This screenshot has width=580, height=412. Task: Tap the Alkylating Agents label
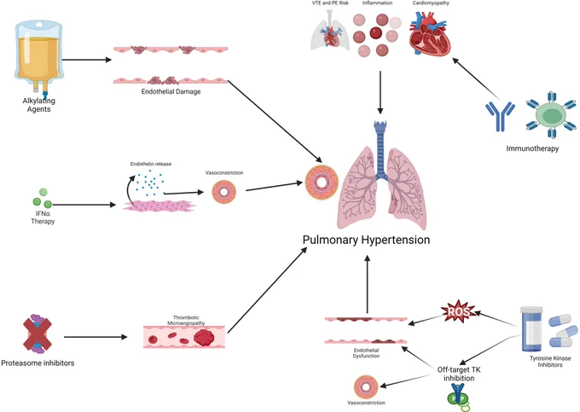point(39,105)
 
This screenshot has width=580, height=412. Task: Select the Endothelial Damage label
point(171,91)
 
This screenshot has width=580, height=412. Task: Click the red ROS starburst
point(457,312)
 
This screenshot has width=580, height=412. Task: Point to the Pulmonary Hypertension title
point(366,240)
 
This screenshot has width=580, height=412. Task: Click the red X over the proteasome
point(38,334)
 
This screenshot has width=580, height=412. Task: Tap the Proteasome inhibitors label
point(38,363)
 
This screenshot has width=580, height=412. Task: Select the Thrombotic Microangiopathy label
point(186,320)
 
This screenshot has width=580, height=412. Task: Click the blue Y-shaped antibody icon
point(500,116)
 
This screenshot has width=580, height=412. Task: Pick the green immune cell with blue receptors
point(551,115)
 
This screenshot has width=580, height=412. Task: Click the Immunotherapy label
point(532,148)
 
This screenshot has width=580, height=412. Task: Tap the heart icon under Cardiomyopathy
point(430,33)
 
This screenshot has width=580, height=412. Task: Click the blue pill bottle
point(531,328)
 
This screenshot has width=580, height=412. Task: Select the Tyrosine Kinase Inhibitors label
point(550,362)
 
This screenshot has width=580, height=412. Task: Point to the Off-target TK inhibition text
point(459,374)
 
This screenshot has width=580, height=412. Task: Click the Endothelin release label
point(151,164)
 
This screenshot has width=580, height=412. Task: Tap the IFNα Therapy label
point(43,218)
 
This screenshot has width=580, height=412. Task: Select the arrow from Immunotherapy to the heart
point(476,78)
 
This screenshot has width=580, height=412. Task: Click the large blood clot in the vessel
point(204,337)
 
